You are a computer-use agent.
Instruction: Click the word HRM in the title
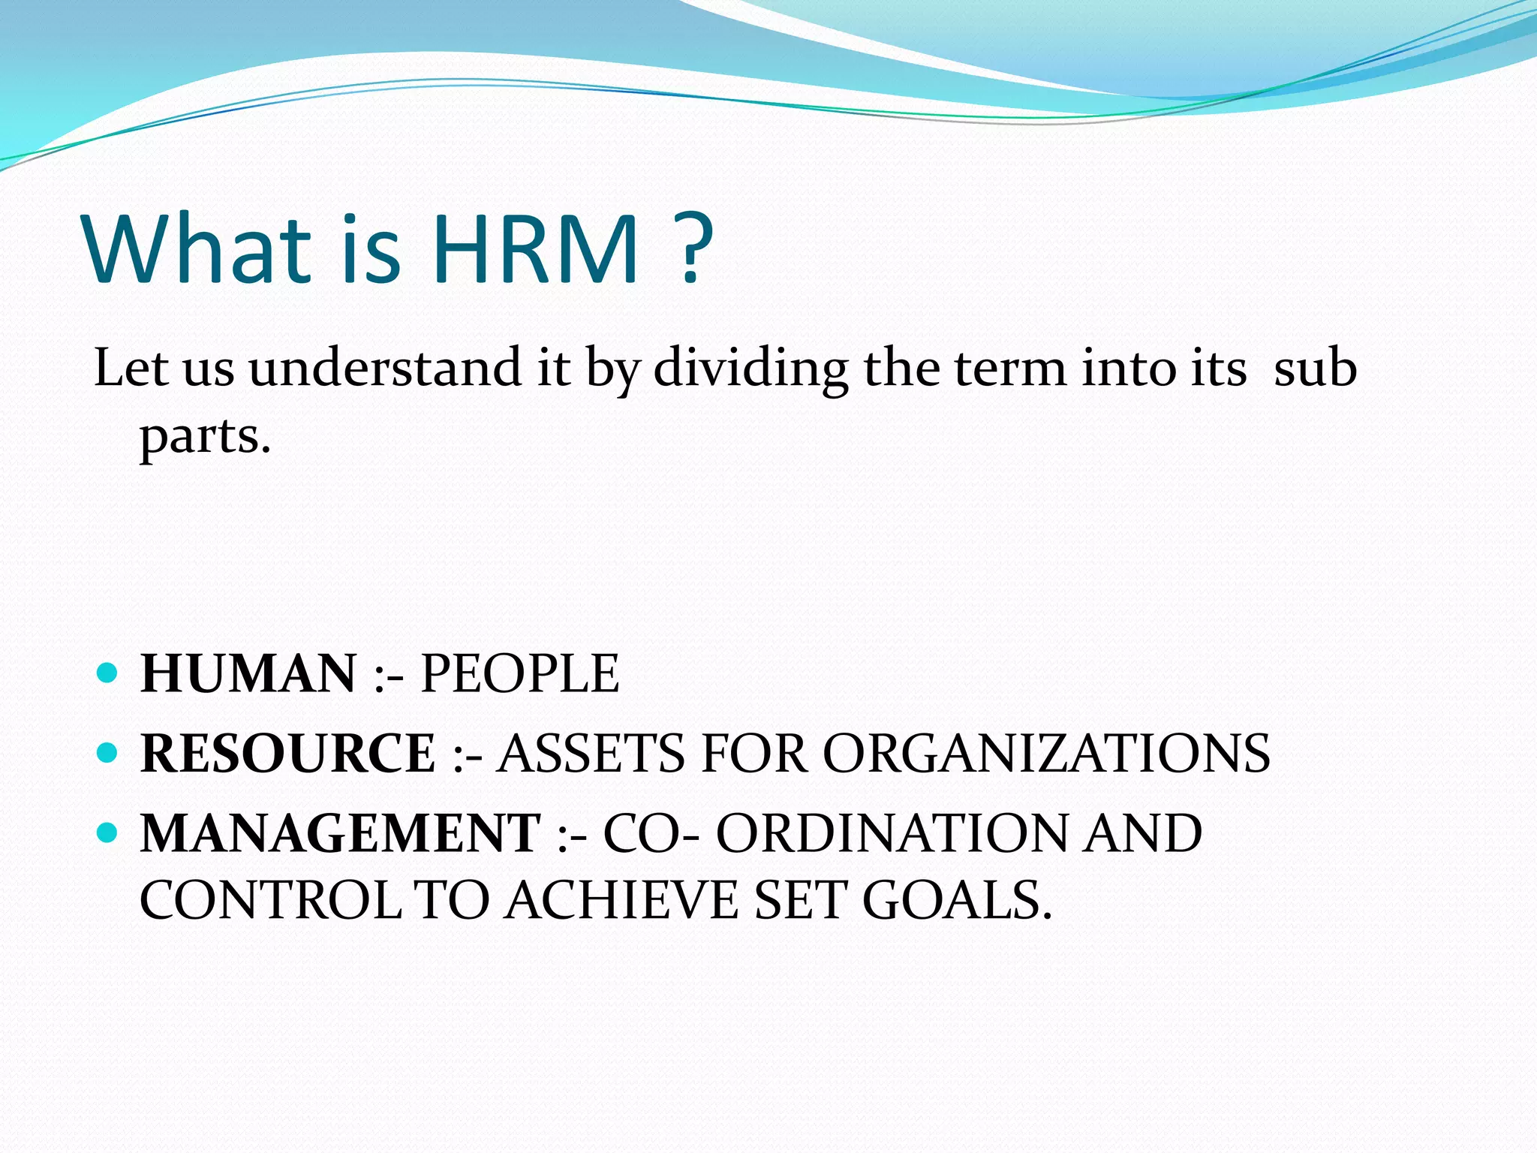coord(534,249)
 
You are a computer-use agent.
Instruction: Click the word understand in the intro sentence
coord(385,369)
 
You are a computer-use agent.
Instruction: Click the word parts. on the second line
coord(205,438)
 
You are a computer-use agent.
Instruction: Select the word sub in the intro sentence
coord(1315,369)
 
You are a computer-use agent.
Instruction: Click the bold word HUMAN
coord(248,673)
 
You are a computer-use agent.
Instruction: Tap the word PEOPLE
coord(519,673)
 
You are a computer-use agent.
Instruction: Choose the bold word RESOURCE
coord(288,753)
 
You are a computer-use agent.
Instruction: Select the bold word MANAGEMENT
coord(341,833)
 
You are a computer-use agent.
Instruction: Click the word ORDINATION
coord(891,833)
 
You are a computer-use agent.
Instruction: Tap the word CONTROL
coord(270,900)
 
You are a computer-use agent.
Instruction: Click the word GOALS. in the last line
coord(957,900)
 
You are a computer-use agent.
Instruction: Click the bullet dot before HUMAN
coord(108,672)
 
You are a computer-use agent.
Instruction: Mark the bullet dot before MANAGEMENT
coord(108,832)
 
